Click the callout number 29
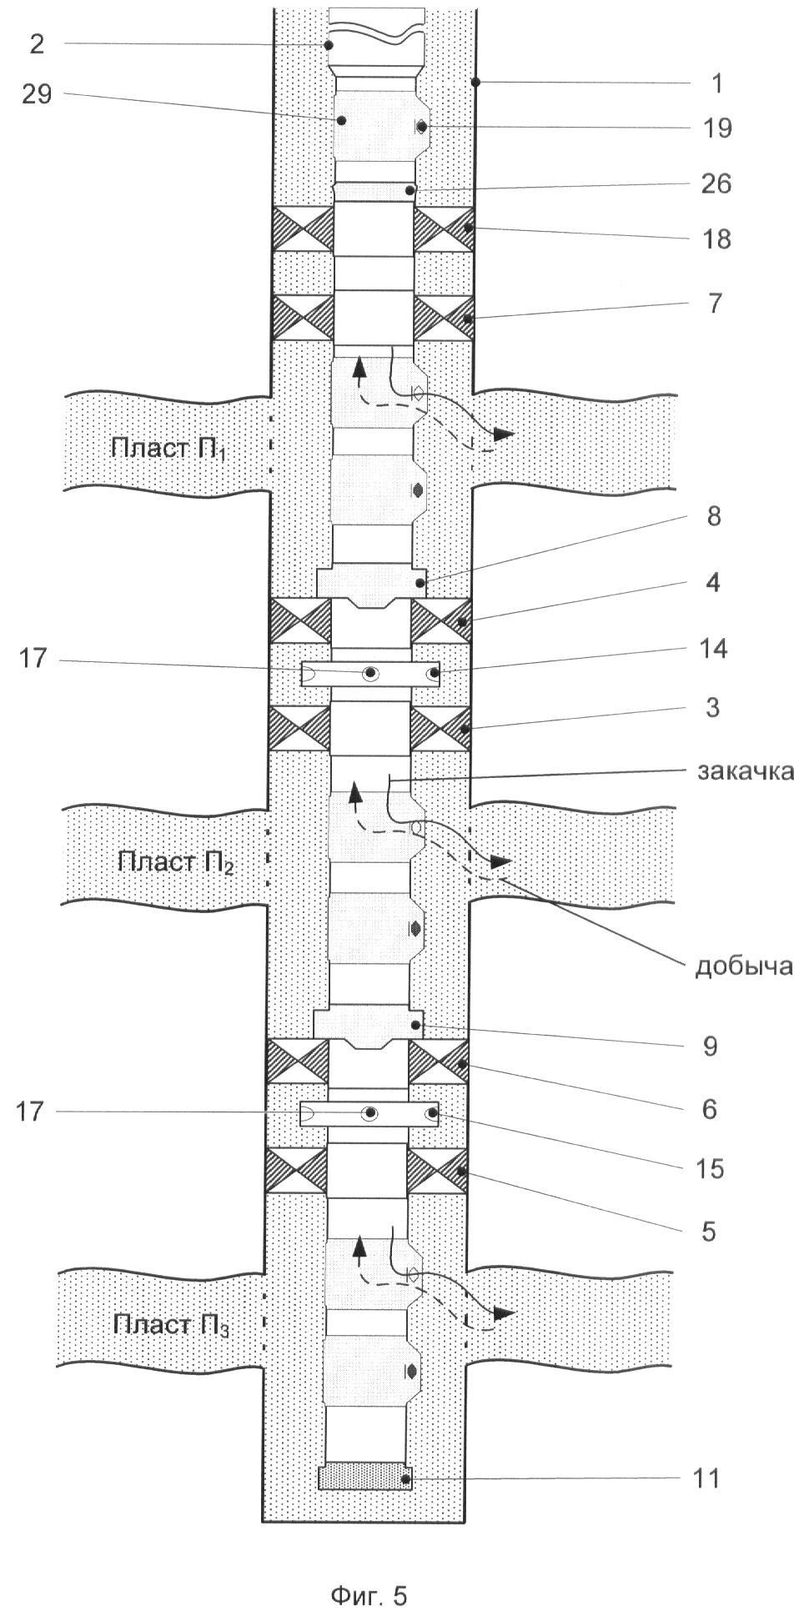coord(38,95)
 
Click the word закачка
coord(745,771)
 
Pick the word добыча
coord(742,966)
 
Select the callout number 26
coord(716,184)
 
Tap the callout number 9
coord(709,1045)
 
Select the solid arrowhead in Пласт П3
coord(503,1312)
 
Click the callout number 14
coord(713,648)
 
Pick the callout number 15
coord(711,1169)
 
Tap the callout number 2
coord(36,43)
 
